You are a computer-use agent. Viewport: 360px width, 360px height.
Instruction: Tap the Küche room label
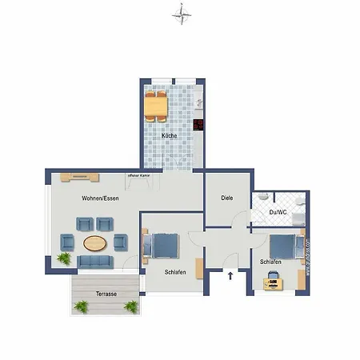170,136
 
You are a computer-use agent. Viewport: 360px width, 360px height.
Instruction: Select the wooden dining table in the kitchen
155,105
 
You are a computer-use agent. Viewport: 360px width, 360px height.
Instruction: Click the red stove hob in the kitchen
198,125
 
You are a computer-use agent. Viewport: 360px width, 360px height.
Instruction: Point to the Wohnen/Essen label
101,198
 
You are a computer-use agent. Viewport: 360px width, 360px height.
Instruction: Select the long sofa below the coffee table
95,261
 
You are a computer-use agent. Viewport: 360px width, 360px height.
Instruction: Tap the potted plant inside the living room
63,258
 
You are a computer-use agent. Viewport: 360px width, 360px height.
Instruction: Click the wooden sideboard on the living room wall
78,175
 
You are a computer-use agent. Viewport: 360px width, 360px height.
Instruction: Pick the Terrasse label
106,294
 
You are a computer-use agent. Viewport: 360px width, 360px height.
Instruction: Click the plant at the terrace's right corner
131,306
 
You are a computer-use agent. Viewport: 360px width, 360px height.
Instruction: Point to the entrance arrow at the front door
231,277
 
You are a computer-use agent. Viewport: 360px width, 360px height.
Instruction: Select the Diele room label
227,198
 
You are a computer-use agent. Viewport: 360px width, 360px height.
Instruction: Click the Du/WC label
278,212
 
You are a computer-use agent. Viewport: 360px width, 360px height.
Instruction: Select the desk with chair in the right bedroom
274,279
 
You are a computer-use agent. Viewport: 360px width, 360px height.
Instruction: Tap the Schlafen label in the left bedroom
175,273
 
